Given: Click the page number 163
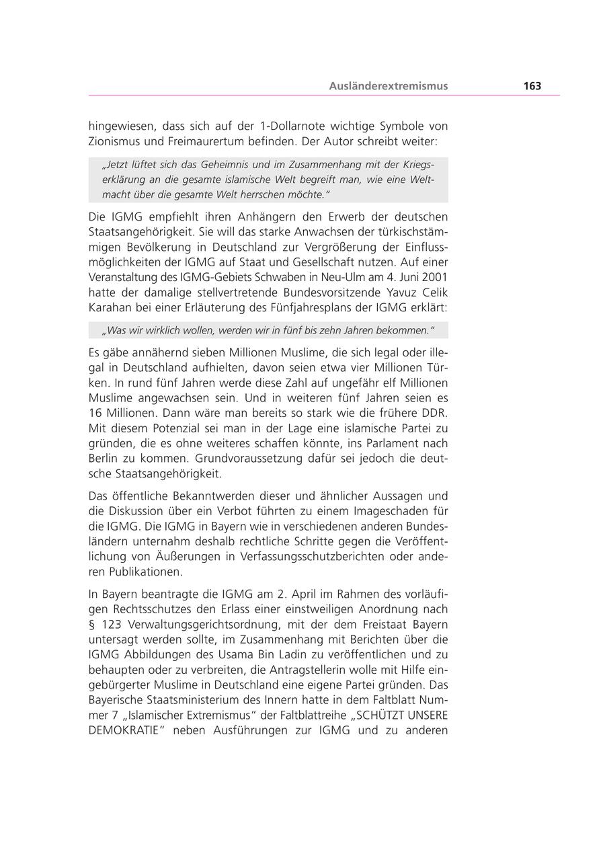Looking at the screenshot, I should point(532,86).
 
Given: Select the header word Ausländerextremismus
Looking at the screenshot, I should point(388,86).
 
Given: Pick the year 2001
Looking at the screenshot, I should point(435,277).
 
